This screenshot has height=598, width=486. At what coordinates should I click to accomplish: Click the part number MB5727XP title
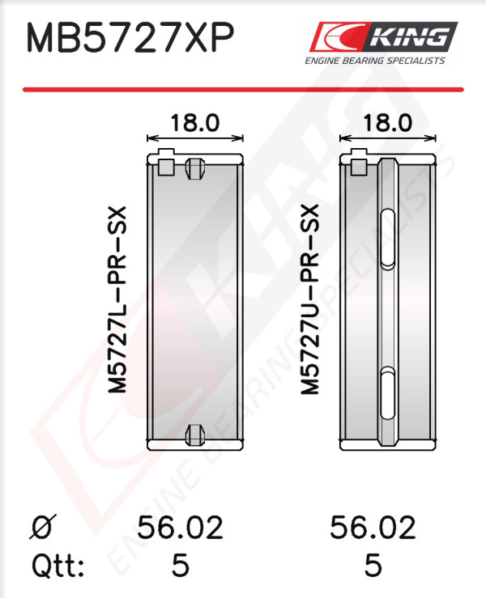pos(130,38)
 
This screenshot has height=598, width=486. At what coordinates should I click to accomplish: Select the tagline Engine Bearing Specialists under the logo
pos(375,61)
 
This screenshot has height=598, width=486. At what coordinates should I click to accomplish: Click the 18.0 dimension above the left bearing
pos(194,123)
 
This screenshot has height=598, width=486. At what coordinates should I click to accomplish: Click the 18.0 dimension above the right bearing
pos(387,123)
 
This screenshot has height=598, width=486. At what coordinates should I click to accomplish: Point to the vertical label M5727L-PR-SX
pos(117,299)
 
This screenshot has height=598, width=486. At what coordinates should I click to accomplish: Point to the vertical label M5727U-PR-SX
pos(309,299)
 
